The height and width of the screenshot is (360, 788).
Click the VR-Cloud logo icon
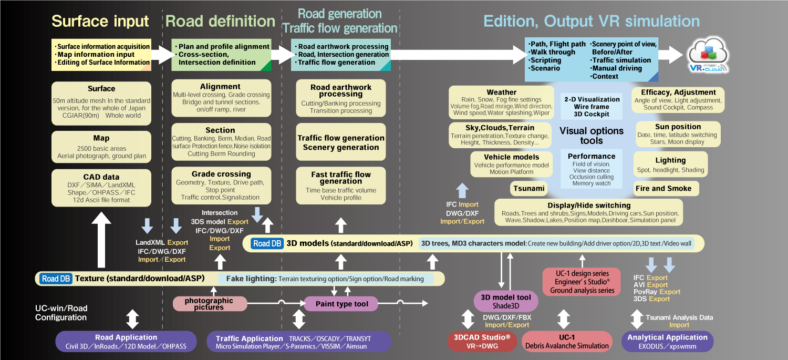click(708, 55)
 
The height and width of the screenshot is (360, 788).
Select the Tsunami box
click(528, 189)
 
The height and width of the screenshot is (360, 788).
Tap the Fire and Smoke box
click(666, 189)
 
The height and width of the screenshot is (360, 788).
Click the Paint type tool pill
click(341, 304)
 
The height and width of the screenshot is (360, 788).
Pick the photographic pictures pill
click(210, 304)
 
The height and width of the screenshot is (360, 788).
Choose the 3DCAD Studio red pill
click(482, 342)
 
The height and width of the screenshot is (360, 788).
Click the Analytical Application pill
click(667, 342)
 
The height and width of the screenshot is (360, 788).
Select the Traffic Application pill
click(299, 342)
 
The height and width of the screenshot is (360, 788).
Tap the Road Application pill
click(126, 342)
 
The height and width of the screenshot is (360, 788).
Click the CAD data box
click(101, 188)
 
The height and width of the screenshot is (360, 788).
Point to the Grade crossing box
click(221, 186)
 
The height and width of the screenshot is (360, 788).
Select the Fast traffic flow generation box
click(341, 186)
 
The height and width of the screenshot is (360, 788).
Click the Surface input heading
click(100, 21)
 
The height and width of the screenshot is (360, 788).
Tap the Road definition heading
click(220, 21)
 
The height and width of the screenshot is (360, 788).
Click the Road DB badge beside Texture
click(56, 279)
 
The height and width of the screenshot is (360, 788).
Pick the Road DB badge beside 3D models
click(267, 243)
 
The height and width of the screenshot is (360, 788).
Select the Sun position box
click(678, 134)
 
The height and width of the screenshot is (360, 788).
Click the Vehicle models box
click(512, 164)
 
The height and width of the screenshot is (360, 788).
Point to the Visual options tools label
click(592, 136)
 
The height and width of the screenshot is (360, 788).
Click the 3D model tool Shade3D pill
click(506, 301)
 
